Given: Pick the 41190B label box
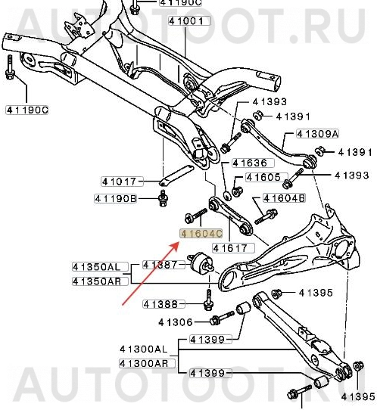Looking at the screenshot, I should coord(116,199).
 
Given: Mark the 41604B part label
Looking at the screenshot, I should coord(284,198).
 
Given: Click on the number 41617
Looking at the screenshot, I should coord(229,247).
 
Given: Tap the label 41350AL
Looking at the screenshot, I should coord(96,267).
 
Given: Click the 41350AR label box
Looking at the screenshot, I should coord(96,281).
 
